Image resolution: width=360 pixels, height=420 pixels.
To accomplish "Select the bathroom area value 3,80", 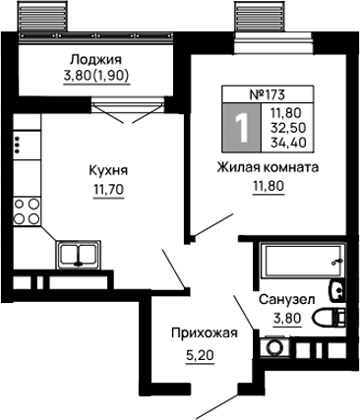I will pos(286,318).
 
